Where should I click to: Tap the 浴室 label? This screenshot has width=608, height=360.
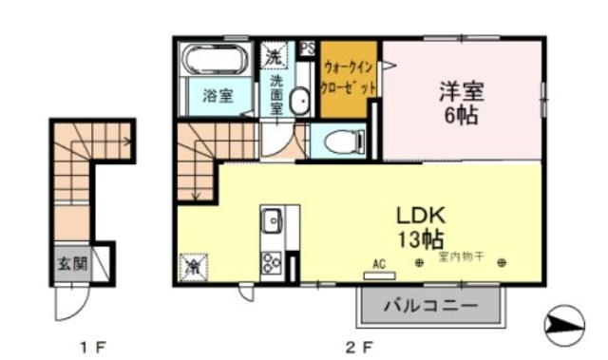[218, 95]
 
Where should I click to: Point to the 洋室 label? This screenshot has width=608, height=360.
[463, 92]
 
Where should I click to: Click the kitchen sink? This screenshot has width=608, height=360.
[272, 220]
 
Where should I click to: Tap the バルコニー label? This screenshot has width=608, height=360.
[429, 307]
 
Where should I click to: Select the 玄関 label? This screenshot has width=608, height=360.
[71, 263]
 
